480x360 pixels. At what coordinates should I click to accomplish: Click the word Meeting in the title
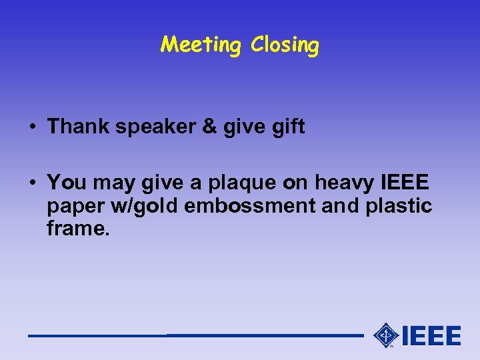tap(201, 45)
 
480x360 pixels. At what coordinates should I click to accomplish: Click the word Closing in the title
tap(285, 45)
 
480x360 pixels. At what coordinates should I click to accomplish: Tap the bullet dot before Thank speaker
tap(33, 127)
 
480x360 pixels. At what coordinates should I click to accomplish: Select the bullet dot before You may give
tap(33, 182)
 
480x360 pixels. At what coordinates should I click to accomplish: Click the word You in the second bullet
tap(65, 181)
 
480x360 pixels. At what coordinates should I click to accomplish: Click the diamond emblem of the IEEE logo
tap(385, 335)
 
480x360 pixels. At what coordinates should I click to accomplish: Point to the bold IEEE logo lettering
tap(431, 335)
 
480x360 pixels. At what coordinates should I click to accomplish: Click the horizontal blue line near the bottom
tap(193, 335)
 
